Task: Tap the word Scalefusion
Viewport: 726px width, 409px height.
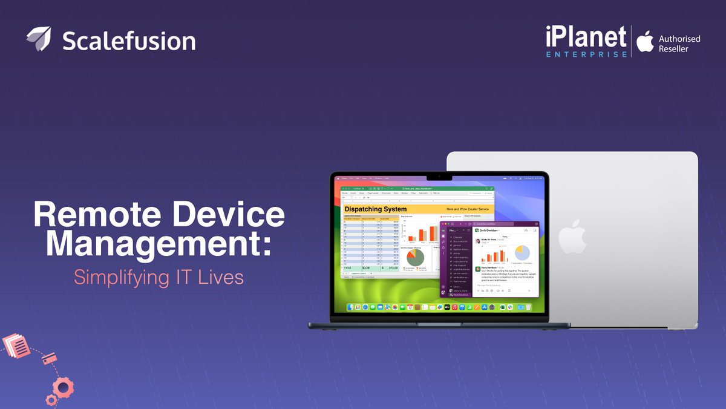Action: click(x=129, y=41)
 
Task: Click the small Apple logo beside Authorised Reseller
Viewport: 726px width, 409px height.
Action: click(x=646, y=41)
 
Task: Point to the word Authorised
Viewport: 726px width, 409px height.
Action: click(x=679, y=39)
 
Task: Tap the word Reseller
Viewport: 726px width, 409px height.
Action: click(x=673, y=49)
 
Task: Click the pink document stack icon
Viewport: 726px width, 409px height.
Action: click(x=16, y=347)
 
